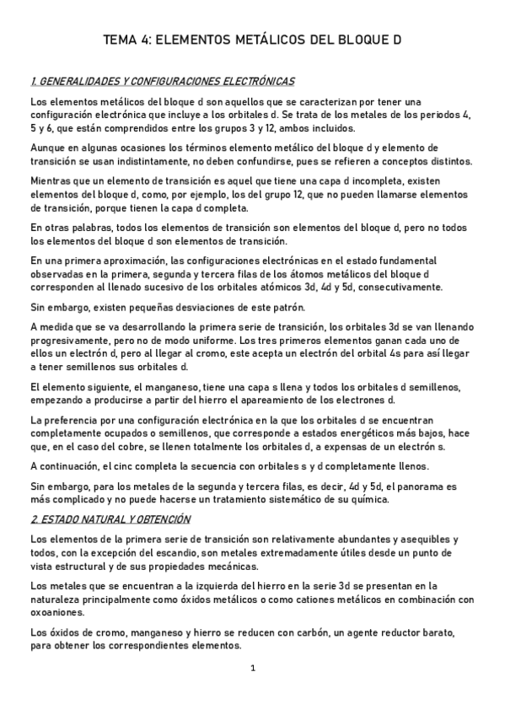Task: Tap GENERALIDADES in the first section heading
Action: coord(73,82)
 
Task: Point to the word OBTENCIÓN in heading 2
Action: coord(164,519)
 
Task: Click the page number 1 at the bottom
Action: coord(252,668)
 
